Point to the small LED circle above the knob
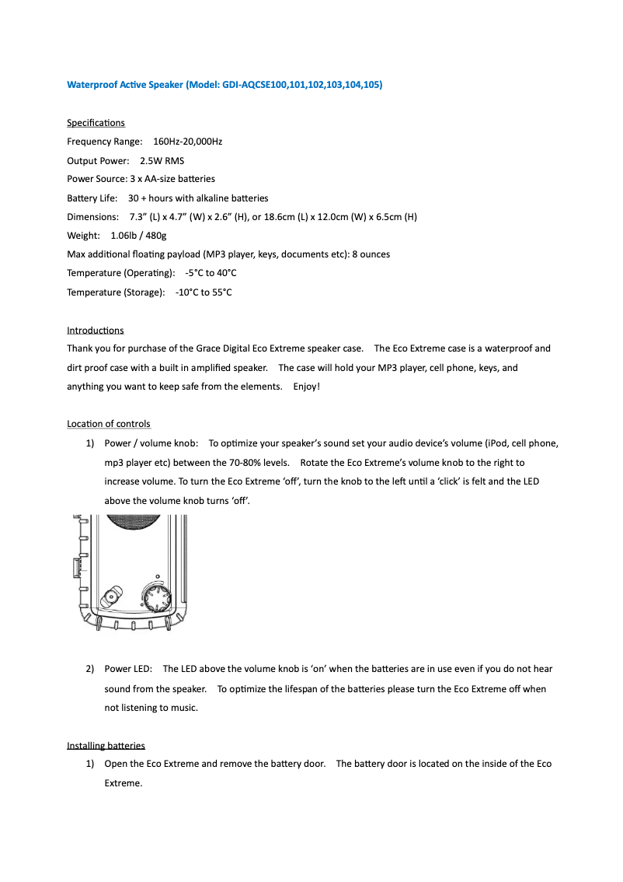(x=158, y=579)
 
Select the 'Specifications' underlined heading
(x=96, y=123)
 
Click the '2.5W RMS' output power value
(x=162, y=161)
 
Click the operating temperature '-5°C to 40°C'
(x=211, y=273)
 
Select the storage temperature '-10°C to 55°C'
(x=204, y=292)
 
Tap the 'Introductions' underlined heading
(x=95, y=331)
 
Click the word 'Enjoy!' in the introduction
(x=306, y=387)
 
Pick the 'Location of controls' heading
(x=109, y=424)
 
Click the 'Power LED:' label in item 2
(x=128, y=669)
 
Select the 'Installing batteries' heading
(x=106, y=745)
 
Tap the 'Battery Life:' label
(x=92, y=198)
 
